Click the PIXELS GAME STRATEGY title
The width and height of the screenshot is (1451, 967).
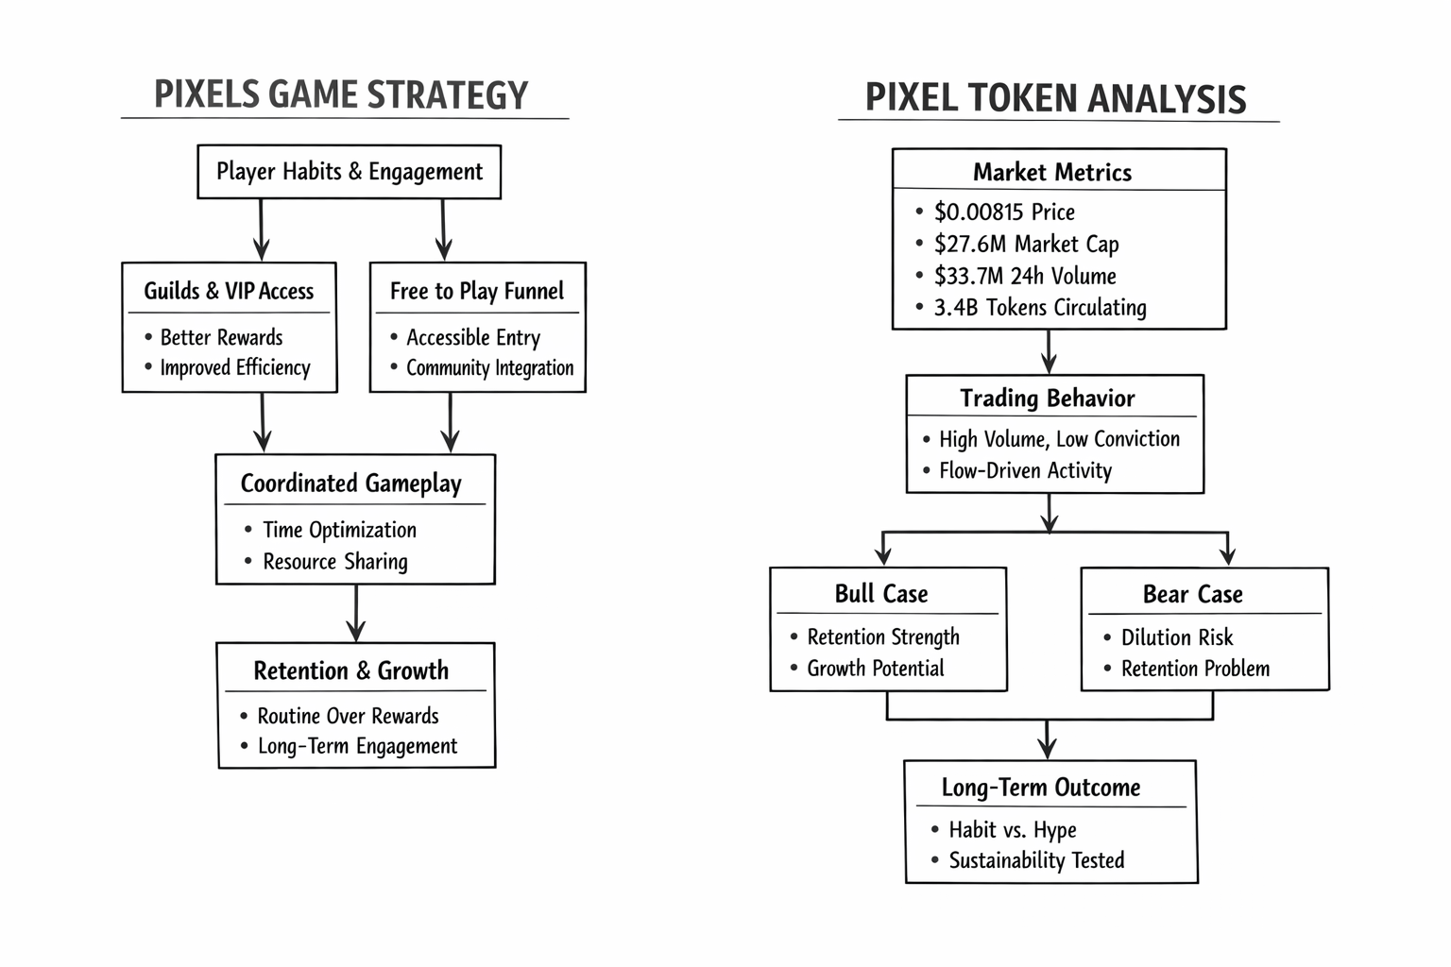[x=341, y=95]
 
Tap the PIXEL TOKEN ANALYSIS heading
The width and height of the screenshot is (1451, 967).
[x=1055, y=99]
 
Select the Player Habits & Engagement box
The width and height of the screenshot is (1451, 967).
[x=349, y=172]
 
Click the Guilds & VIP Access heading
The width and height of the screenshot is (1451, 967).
[x=229, y=291]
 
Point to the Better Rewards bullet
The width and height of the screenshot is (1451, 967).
[x=221, y=337]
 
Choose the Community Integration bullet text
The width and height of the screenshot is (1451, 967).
[x=489, y=368]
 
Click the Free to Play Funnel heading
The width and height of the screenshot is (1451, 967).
[x=477, y=291]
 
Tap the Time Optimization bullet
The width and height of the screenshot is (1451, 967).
[x=339, y=530]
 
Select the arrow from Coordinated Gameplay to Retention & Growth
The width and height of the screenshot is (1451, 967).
[x=355, y=613]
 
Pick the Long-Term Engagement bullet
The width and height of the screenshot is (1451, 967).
[x=357, y=746]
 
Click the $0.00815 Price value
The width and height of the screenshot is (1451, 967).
[x=1004, y=212]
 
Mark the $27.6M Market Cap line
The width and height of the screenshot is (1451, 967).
[x=1026, y=244]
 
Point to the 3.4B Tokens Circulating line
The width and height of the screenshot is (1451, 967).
[x=1040, y=308]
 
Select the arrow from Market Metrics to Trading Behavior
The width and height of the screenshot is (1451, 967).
[x=1049, y=351]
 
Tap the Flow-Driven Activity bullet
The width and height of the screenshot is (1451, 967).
[x=1025, y=470]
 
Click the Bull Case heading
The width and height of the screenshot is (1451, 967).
[x=881, y=594]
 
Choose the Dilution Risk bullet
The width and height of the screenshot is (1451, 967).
[x=1177, y=637]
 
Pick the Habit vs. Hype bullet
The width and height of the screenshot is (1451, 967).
[x=1013, y=830]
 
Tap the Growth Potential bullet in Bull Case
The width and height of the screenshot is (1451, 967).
[x=875, y=669]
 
